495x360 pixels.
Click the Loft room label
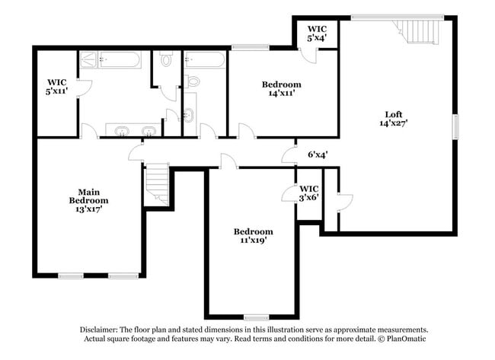[x=389, y=114]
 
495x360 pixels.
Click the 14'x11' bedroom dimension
[x=281, y=93]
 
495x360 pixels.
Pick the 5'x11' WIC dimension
[x=58, y=91]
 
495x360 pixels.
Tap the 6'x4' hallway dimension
[x=317, y=154]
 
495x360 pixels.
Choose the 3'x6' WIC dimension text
[x=309, y=196]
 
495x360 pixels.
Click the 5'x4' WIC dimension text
[x=317, y=37]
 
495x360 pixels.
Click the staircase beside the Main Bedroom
[x=158, y=185]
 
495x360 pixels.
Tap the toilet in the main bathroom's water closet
[x=165, y=59]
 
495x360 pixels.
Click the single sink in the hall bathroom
[x=188, y=115]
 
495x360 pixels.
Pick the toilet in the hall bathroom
[x=193, y=80]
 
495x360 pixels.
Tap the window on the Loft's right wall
[x=457, y=126]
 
